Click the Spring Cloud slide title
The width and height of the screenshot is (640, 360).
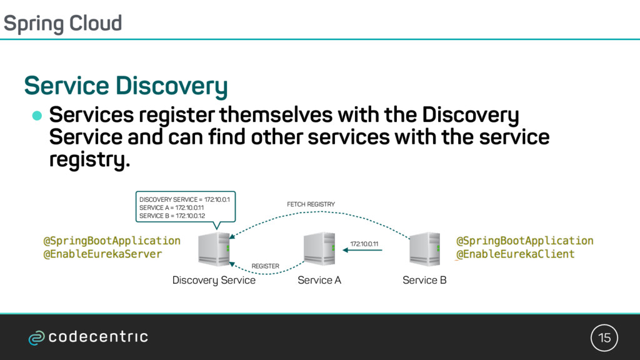pos(62,23)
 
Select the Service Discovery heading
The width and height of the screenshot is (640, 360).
pos(125,86)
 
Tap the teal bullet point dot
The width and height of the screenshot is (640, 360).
pos(37,116)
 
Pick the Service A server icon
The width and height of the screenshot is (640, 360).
pos(319,249)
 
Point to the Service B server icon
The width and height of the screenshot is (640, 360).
pos(424,249)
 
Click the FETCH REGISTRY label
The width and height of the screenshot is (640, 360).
pos(311,204)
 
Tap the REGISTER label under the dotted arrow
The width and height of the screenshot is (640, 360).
pos(265,266)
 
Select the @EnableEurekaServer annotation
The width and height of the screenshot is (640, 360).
pos(102,254)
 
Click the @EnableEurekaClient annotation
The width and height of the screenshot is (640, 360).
pos(516,254)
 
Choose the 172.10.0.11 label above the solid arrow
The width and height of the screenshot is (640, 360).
pos(364,243)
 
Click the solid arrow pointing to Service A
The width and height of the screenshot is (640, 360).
pos(362,251)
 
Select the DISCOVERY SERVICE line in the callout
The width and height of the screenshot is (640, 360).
pos(185,199)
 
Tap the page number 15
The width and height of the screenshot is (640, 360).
pos(604,338)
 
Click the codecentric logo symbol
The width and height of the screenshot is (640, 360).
pos(36,338)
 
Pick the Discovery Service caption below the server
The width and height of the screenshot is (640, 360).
pos(214,280)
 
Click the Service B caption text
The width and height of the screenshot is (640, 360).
pos(424,280)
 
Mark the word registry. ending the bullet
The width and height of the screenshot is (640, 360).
pos(89,160)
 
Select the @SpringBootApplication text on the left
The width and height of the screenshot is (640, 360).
pos(112,241)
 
